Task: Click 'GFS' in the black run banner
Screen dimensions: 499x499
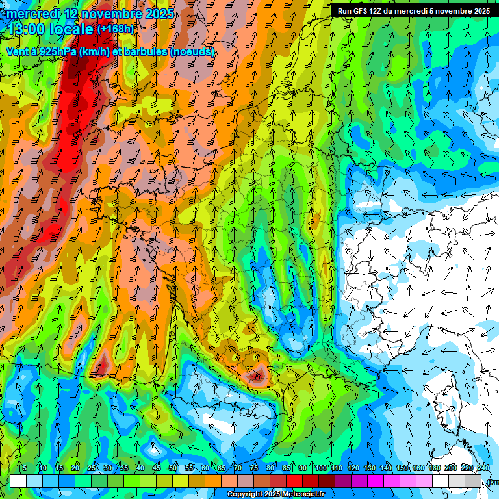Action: click(x=368, y=11)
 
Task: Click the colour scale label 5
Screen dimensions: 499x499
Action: click(x=24, y=468)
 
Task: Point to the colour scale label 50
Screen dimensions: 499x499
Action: click(x=173, y=468)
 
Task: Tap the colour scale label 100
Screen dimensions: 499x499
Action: click(x=320, y=468)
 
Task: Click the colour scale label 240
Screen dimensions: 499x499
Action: click(x=483, y=468)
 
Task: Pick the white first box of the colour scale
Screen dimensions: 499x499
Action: click(x=18, y=481)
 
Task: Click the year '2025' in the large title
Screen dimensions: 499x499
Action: click(x=158, y=14)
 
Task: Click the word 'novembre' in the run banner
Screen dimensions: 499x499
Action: click(x=454, y=11)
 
